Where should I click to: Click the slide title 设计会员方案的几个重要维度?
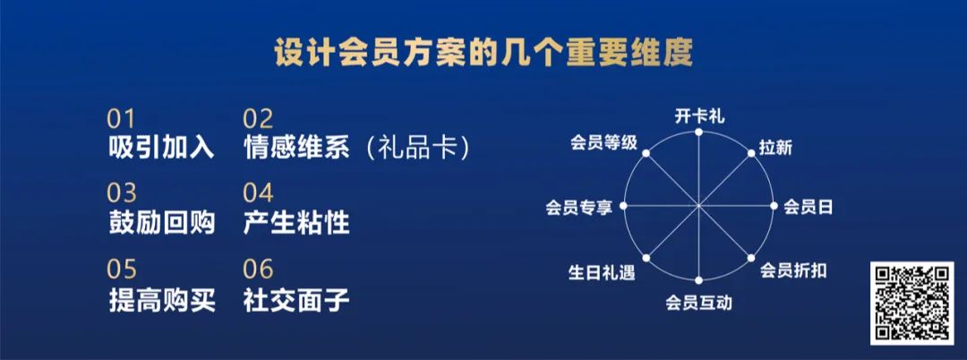483,55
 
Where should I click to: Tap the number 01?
121,119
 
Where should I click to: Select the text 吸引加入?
161,149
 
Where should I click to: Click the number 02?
258,119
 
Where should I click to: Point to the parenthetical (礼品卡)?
417,149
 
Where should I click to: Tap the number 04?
258,193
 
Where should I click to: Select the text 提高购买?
161,300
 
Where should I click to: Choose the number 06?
258,270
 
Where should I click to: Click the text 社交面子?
296,300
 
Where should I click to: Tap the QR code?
912,303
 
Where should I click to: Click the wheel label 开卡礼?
699,116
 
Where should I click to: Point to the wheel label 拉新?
775,148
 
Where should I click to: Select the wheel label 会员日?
808,207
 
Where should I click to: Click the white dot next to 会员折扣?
752,258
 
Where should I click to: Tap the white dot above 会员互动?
698,280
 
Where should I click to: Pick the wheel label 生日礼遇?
602,272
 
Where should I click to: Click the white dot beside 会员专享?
623,206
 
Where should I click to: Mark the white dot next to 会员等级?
646,153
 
